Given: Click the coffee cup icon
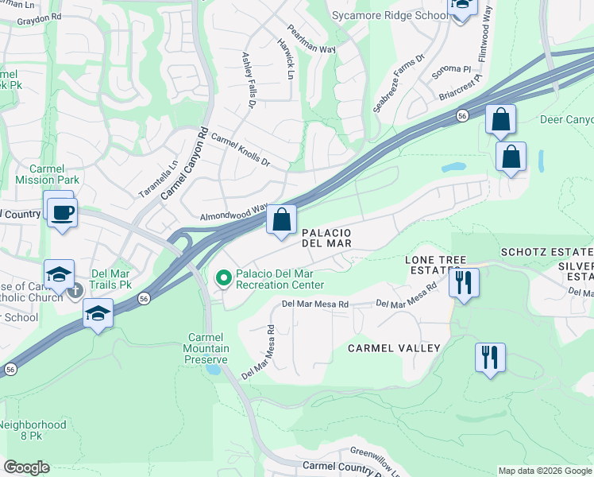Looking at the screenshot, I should click(61, 212).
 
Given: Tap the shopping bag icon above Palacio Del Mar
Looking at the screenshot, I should click(282, 220).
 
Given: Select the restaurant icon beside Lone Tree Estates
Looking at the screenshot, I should click(464, 282).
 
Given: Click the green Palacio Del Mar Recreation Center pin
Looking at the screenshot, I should click(224, 277).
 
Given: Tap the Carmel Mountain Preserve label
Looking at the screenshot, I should click(207, 348).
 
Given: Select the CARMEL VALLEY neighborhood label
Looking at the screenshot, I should click(393, 348).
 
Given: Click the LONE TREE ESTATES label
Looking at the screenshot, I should click(433, 265).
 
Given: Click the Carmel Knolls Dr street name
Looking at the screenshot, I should click(241, 149).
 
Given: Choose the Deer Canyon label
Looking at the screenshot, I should click(566, 119).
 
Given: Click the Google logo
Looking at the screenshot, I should click(26, 467).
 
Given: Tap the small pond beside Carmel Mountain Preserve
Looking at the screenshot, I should click(213, 368).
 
